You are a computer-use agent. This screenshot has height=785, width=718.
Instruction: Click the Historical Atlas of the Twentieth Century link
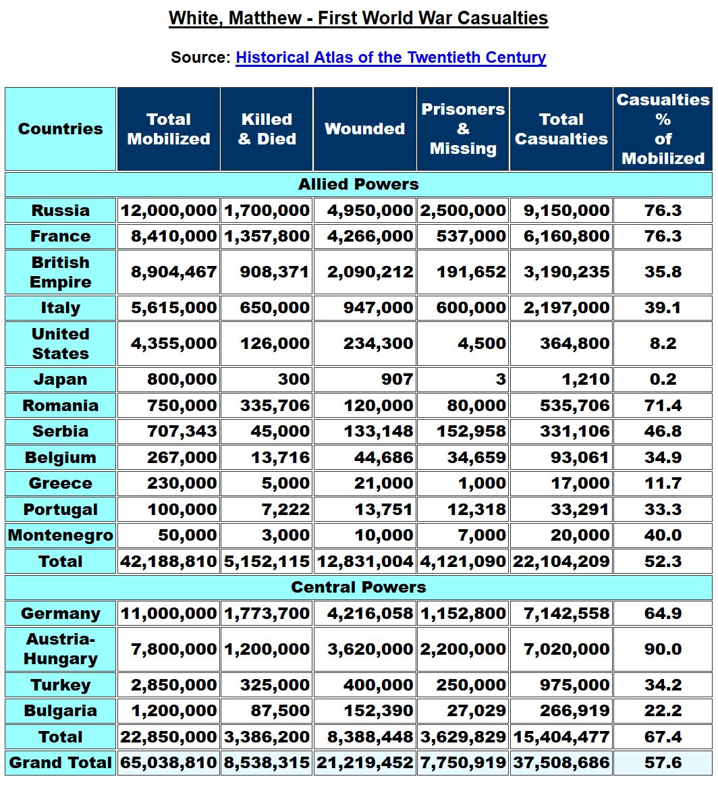point(391,57)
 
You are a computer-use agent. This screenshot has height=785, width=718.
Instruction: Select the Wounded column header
point(364,129)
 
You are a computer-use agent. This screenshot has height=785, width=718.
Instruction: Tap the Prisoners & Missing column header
point(463,129)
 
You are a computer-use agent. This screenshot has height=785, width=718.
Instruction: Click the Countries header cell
point(61,129)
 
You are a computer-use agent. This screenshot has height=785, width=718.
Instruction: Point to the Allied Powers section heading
point(358,184)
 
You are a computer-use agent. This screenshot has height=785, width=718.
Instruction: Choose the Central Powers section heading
point(358,587)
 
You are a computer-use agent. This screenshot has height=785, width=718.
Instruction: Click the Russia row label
point(61,211)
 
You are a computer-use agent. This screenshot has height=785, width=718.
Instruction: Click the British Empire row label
point(61,272)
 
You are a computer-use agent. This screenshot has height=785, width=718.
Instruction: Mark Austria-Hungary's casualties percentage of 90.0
point(663,649)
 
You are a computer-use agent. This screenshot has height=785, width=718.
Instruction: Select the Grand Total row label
point(61,763)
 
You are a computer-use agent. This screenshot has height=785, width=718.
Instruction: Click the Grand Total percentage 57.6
point(663,763)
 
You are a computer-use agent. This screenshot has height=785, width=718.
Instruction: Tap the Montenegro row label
point(61,536)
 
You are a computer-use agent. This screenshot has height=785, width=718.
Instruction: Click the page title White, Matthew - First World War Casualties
point(358,18)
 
